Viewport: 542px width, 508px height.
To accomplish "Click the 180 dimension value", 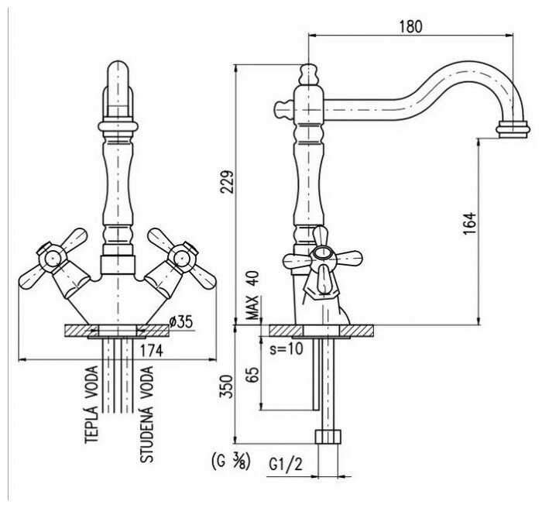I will click(412, 26).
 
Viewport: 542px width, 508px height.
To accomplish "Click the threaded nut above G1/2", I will click(328, 434).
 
